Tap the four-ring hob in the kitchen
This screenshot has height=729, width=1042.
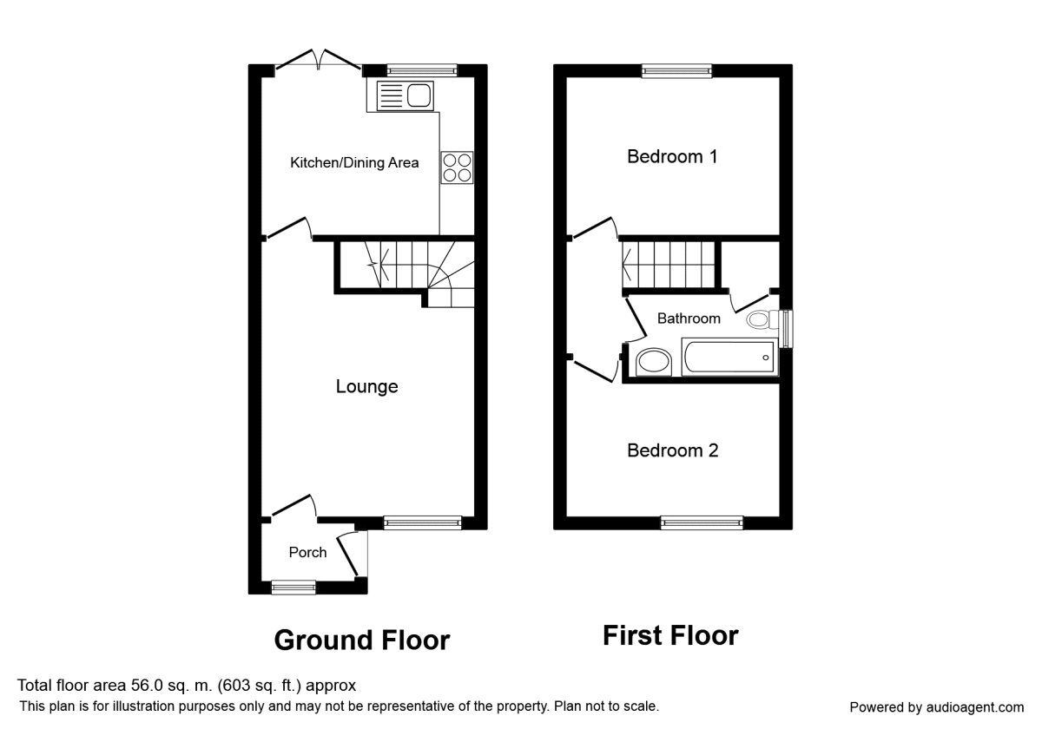457,167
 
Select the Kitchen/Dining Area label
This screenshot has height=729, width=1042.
354,162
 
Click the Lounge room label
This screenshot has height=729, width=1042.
366,387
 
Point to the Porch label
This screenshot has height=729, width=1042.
307,553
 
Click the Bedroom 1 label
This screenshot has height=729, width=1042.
672,157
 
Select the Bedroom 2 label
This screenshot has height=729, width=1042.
672,451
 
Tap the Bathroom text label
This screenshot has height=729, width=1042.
689,319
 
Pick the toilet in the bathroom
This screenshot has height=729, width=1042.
762,319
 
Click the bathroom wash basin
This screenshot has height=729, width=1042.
652,362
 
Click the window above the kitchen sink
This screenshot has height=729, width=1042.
422,70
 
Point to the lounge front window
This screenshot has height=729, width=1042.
423,522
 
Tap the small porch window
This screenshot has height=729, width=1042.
293,588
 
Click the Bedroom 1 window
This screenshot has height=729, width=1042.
676,71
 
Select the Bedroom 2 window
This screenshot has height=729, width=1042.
702,522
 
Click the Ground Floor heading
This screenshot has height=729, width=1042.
361,640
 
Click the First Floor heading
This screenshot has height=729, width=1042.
670,635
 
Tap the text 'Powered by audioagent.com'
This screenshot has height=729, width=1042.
936,707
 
